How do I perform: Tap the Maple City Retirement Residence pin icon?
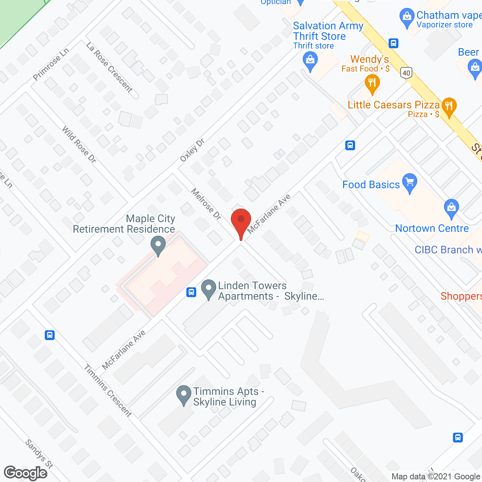pyautogui.click(x=158, y=245)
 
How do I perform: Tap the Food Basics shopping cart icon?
pyautogui.click(x=410, y=183)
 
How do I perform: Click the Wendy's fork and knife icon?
pyautogui.click(x=372, y=83)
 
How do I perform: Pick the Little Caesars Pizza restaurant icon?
pyautogui.click(x=448, y=106)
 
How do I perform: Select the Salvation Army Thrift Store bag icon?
pyautogui.click(x=310, y=61)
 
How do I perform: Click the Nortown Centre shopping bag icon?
pyautogui.click(x=451, y=208)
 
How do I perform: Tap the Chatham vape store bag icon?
pyautogui.click(x=407, y=17)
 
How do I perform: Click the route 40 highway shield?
pyautogui.click(x=406, y=73)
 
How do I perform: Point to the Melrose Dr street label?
pyautogui.click(x=206, y=204)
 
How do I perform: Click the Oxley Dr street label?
pyautogui.click(x=192, y=150)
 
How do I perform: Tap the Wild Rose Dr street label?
pyautogui.click(x=79, y=145)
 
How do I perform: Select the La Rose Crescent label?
pyautogui.click(x=110, y=67)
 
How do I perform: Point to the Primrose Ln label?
pyautogui.click(x=51, y=64)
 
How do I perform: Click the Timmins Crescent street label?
pyautogui.click(x=108, y=390)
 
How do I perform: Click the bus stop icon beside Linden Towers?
pyautogui.click(x=191, y=292)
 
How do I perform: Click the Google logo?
pyautogui.click(x=26, y=473)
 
